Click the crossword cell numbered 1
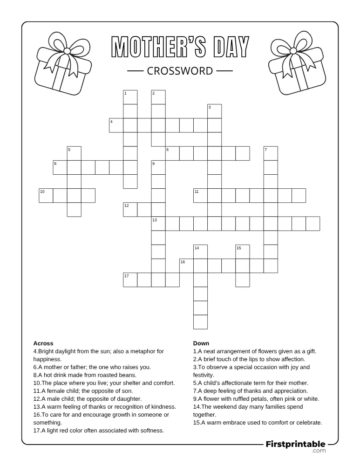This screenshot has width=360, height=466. pos(130,97)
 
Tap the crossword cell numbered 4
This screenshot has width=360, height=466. pos(116,125)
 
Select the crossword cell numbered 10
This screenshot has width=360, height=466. pos(46,196)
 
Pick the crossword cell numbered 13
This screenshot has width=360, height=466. pos(158,224)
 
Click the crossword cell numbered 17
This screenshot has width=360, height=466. pos(130,280)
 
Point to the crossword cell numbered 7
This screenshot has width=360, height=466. pos(271,153)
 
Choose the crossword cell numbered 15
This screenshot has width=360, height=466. pos(243,252)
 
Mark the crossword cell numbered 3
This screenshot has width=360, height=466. pos(214,111)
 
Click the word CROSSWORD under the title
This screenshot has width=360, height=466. pos(180,71)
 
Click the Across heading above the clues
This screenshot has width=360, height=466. pos(43,343)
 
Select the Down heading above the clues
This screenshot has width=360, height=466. pos(201,343)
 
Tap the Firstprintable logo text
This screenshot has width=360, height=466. pos(295,445)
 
